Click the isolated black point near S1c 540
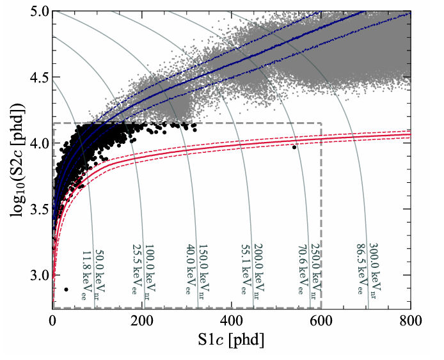pyautogui.click(x=294, y=147)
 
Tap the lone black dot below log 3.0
pyautogui.click(x=67, y=290)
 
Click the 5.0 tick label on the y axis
pyautogui.click(x=39, y=12)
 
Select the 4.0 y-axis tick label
pyautogui.click(x=39, y=144)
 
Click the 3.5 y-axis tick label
pyautogui.click(x=39, y=210)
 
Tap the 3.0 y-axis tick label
pyautogui.click(x=39, y=276)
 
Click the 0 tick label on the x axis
pyautogui.click(x=53, y=322)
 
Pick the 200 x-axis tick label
pyautogui.click(x=142, y=322)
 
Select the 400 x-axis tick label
pyautogui.click(x=232, y=322)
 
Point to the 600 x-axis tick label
pyautogui.click(x=321, y=322)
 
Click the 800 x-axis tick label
pyautogui.click(x=411, y=322)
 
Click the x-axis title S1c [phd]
pyautogui.click(x=232, y=340)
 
